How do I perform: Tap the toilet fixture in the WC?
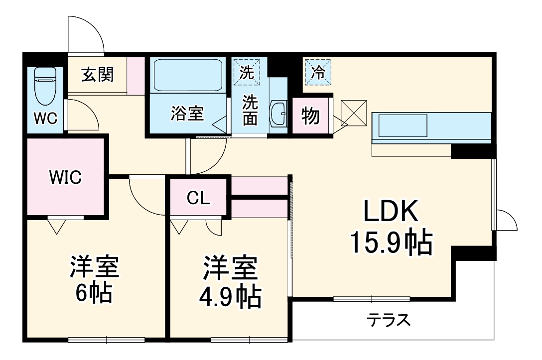pos(45,82)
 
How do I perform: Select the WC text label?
pos(45,119)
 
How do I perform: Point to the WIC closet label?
pos(65,177)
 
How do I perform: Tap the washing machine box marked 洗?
pos(247,71)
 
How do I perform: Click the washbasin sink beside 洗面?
pos(279,115)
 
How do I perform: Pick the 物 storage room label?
pos(311,117)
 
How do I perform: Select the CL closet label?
pos(199,198)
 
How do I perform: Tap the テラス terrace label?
pos(389,319)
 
